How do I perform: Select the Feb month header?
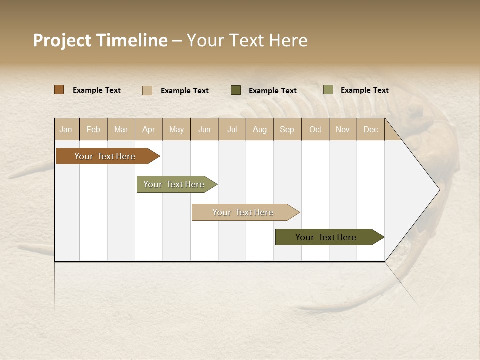point(93,129)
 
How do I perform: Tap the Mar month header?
point(121,129)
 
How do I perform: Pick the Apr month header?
point(149,129)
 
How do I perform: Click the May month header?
point(176,129)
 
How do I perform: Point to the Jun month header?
point(204,129)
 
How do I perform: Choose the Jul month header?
point(232,129)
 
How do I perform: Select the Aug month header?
point(260,129)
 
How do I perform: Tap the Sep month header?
point(287,129)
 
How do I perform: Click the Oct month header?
point(315,129)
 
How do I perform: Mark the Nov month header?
point(343,129)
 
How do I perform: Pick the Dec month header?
point(371,129)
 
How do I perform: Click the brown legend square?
point(59,90)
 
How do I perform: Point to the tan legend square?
point(147,90)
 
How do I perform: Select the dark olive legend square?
point(236,90)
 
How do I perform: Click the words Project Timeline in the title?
point(100,40)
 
